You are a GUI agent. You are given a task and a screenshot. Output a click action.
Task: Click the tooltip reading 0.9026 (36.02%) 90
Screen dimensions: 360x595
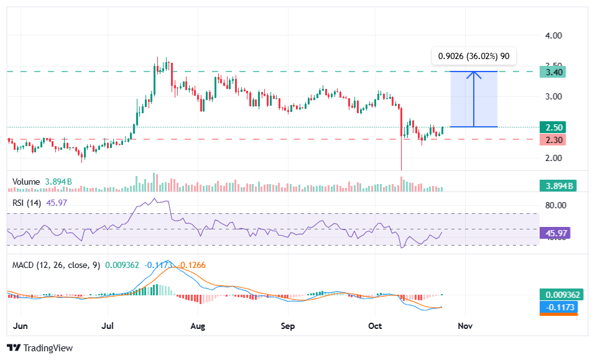click(474, 56)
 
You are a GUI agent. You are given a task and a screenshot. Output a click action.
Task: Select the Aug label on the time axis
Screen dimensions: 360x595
click(198, 325)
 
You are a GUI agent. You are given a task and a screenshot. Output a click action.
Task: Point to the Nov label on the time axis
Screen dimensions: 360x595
click(465, 325)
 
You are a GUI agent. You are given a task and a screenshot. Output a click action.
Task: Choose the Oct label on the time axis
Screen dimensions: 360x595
click(375, 325)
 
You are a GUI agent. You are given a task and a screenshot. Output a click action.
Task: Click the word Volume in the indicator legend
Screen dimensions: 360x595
click(25, 182)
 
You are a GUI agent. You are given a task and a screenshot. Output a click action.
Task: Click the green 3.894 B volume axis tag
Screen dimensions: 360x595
click(557, 185)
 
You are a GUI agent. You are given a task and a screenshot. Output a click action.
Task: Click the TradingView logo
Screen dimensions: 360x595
click(40, 348)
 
